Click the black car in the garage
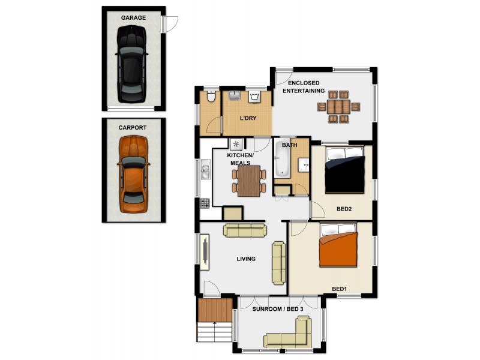click(x=133, y=66)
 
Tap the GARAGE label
click(x=133, y=18)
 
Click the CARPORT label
click(x=133, y=128)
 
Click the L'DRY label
click(x=248, y=118)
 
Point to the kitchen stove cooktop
click(x=205, y=204)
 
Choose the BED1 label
click(x=339, y=289)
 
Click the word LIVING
click(x=246, y=259)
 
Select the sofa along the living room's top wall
click(x=244, y=230)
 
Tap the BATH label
click(x=289, y=145)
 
